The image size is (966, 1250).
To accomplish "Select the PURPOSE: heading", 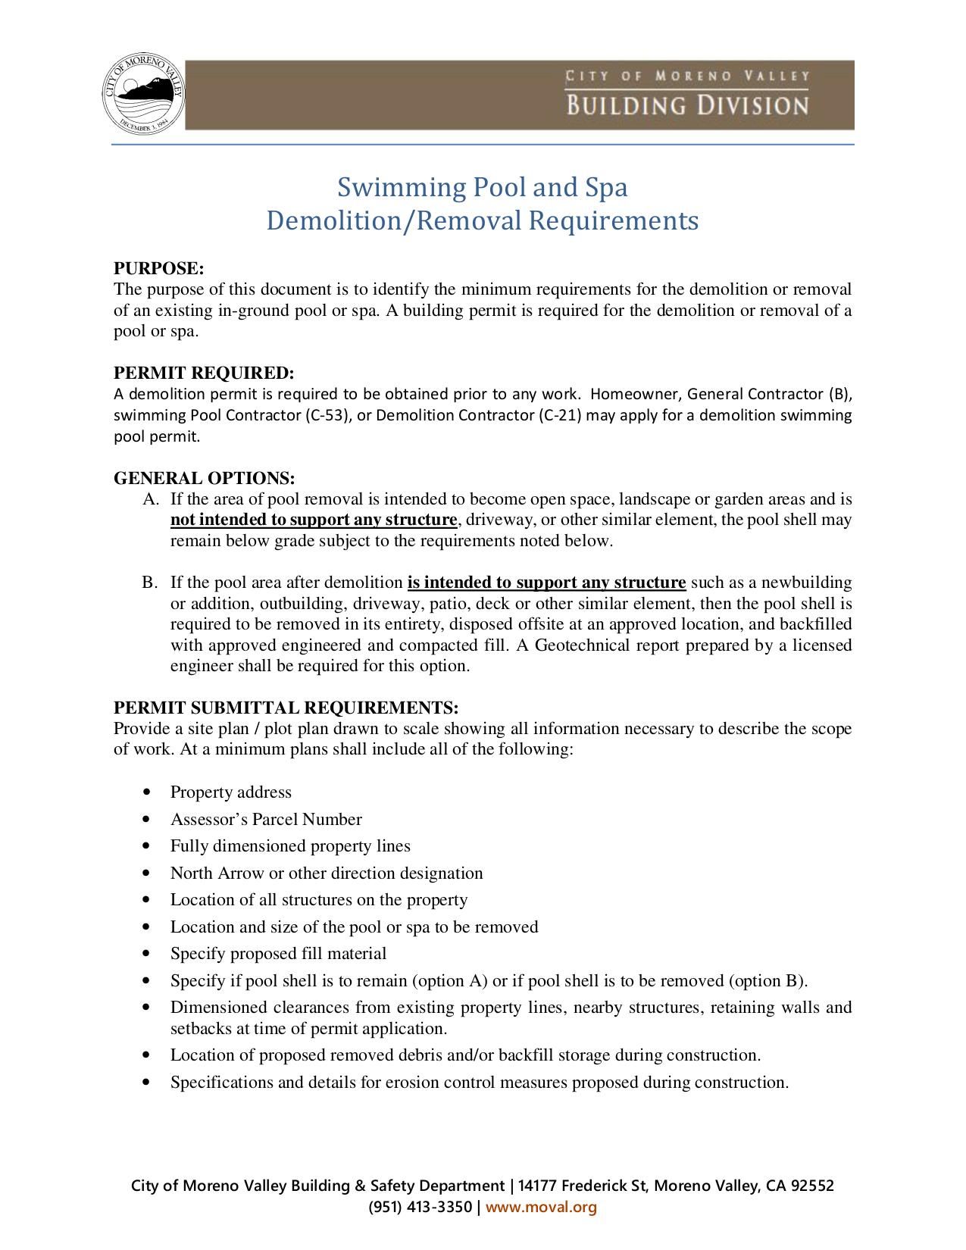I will (159, 269).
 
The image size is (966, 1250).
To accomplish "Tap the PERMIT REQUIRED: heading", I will (203, 373).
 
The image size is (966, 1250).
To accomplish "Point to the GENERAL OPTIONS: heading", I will (204, 479).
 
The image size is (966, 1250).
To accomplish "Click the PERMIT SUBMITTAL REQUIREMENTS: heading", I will (286, 708).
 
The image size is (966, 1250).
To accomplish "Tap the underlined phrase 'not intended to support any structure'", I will (314, 520).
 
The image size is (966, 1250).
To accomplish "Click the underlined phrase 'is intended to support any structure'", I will (546, 583).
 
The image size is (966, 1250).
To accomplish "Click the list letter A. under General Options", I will (151, 500).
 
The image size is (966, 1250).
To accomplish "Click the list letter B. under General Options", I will (150, 583).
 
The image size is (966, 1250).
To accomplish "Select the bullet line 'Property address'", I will (230, 792).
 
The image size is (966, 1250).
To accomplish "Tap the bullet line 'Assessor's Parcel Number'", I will (266, 820).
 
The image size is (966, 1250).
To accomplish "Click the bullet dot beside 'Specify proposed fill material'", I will (146, 955).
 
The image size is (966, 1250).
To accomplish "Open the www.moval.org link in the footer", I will (541, 1207).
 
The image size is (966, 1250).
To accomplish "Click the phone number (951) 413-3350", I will (420, 1207).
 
